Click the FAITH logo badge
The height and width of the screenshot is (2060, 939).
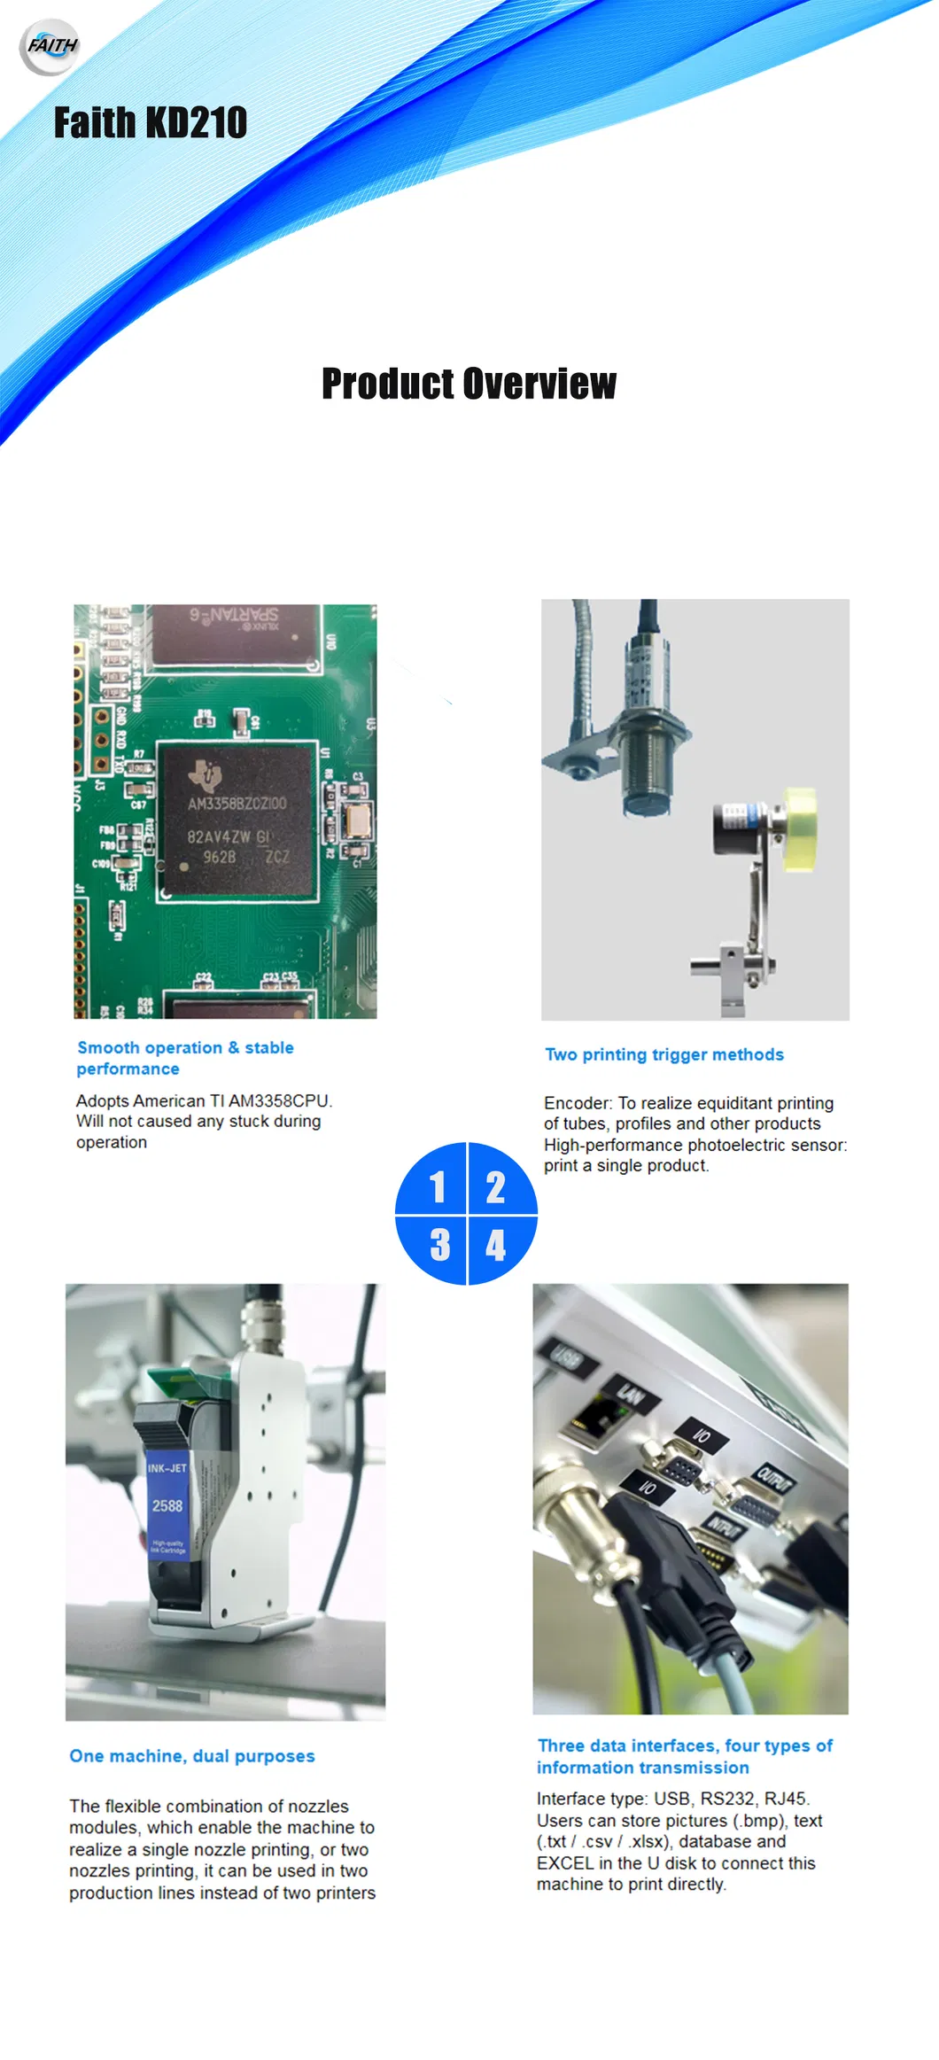pos(50,46)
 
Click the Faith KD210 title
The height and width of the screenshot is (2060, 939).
pos(151,122)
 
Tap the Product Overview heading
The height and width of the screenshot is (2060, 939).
pos(469,384)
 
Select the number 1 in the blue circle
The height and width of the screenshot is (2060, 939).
pos(437,1187)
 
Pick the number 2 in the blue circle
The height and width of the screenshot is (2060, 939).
pos(495,1187)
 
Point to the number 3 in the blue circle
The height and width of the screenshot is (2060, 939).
pos(439,1245)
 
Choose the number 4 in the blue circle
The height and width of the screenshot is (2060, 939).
pos(495,1245)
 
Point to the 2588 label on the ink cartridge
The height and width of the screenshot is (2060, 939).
pos(167,1505)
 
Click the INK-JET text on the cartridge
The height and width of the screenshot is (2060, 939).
pos(167,1468)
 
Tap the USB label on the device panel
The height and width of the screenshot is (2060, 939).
pos(567,1356)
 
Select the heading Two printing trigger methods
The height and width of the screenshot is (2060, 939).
pos(664,1054)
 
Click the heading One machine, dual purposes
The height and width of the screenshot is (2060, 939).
pos(192,1756)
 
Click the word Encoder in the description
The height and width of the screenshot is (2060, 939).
pos(578,1103)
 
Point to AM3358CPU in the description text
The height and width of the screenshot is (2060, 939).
pos(280,1100)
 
